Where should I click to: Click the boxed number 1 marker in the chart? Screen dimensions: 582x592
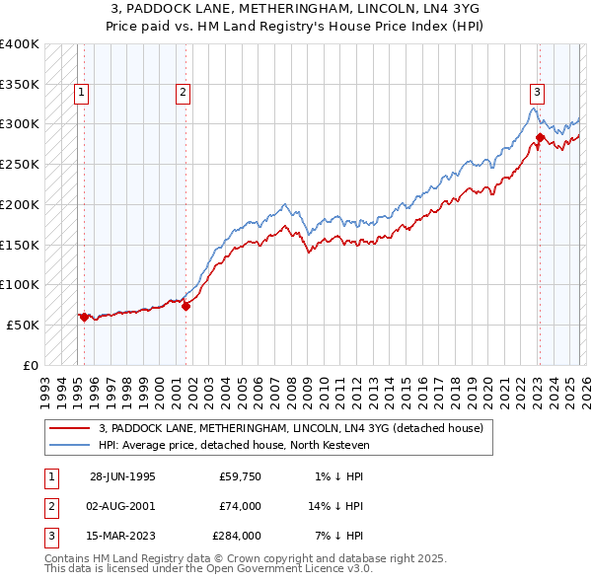click(80, 94)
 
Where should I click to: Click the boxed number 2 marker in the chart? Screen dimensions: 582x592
click(184, 94)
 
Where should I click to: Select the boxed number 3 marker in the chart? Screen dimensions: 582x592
click(537, 94)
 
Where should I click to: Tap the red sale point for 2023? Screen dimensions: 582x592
click(540, 137)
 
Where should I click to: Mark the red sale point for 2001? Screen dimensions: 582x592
click(186, 306)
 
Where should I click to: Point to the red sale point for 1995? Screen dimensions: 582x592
click(85, 317)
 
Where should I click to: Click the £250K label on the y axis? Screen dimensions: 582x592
click(20, 164)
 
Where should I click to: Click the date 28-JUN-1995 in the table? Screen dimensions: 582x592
click(123, 476)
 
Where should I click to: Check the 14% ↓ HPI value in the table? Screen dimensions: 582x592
click(334, 506)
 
